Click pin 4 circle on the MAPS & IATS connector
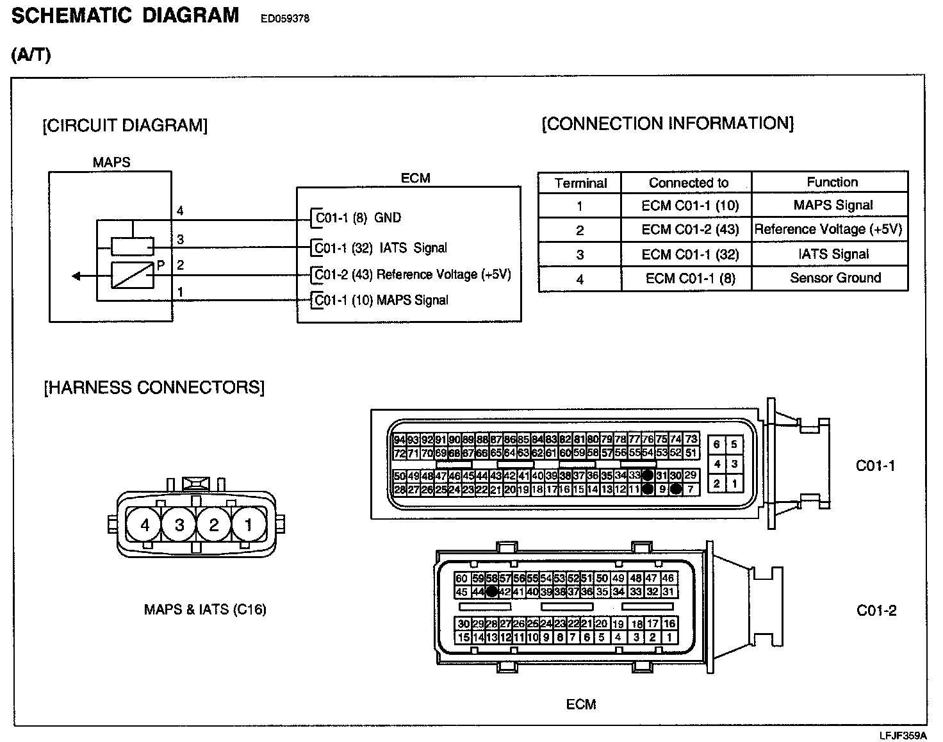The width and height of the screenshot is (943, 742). (145, 525)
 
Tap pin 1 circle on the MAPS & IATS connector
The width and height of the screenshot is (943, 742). (249, 525)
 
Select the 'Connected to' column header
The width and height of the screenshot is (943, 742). (688, 183)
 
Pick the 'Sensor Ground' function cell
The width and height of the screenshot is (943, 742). (835, 278)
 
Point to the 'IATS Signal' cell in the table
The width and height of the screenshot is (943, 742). (833, 254)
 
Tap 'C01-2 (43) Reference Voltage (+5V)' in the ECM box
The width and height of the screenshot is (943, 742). (413, 275)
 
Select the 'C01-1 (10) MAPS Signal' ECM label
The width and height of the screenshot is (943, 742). (382, 300)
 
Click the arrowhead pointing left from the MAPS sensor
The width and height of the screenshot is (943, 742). (76, 276)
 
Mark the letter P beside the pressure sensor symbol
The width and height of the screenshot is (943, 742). (161, 265)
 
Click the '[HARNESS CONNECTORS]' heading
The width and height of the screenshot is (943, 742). (154, 388)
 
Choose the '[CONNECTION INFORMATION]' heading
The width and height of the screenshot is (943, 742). (668, 123)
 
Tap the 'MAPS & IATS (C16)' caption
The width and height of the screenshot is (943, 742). (205, 609)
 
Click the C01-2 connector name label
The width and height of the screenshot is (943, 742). (876, 611)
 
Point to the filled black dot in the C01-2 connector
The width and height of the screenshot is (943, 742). (491, 591)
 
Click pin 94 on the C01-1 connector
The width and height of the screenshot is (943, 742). (399, 440)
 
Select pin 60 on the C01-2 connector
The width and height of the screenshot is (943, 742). (461, 579)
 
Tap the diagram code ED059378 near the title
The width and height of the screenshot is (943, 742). (284, 19)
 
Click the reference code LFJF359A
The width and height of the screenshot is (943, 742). (903, 735)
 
